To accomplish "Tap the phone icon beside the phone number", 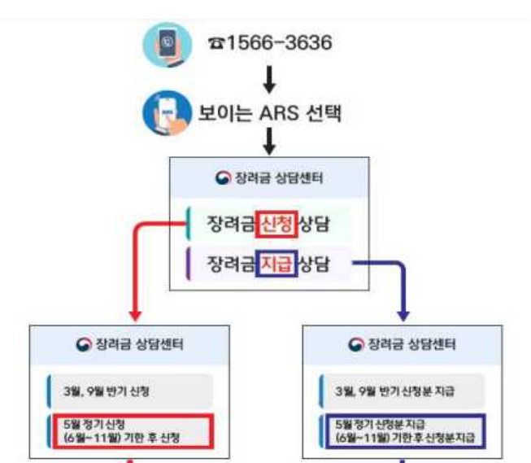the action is pyautogui.click(x=167, y=43).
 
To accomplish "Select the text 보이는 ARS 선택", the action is pyautogui.click(x=268, y=112).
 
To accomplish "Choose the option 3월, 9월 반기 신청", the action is pyautogui.click(x=130, y=391).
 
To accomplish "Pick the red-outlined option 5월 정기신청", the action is pyautogui.click(x=130, y=430).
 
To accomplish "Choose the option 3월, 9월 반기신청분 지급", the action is pyautogui.click(x=403, y=391).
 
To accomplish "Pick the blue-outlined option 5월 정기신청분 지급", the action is pyautogui.click(x=403, y=430).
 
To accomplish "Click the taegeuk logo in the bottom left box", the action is pyautogui.click(x=84, y=345).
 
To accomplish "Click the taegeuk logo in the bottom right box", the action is pyautogui.click(x=356, y=345).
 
